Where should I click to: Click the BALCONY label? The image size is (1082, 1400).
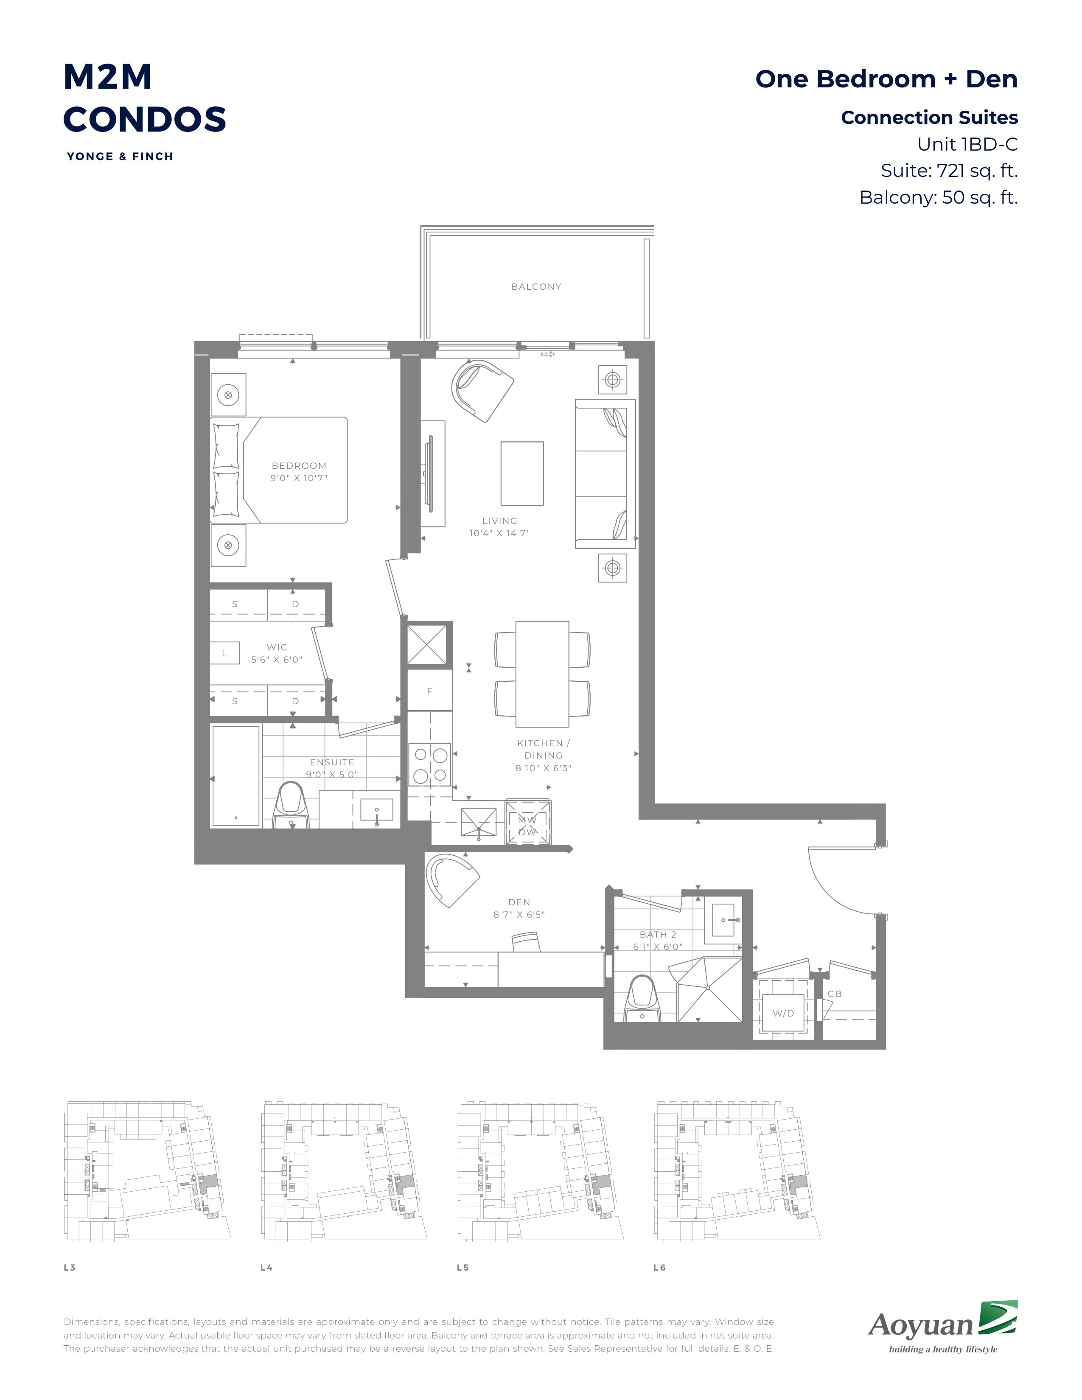[x=536, y=286]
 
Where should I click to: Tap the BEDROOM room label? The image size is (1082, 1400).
[x=299, y=465]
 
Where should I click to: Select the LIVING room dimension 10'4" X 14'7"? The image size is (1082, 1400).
[x=499, y=533]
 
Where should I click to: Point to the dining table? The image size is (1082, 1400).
[x=542, y=674]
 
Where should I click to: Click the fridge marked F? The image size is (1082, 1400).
[x=429, y=690]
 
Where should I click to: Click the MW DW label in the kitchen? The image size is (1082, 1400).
[x=527, y=826]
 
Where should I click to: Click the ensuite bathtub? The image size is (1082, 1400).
[x=236, y=776]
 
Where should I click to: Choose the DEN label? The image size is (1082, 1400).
[x=519, y=902]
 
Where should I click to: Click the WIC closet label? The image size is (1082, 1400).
[x=277, y=647]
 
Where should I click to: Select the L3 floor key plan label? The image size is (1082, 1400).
[x=69, y=1267]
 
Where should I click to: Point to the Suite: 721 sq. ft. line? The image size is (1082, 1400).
[x=949, y=171]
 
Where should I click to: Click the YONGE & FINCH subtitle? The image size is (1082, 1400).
[x=120, y=157]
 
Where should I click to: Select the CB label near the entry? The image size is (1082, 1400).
[x=834, y=994]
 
